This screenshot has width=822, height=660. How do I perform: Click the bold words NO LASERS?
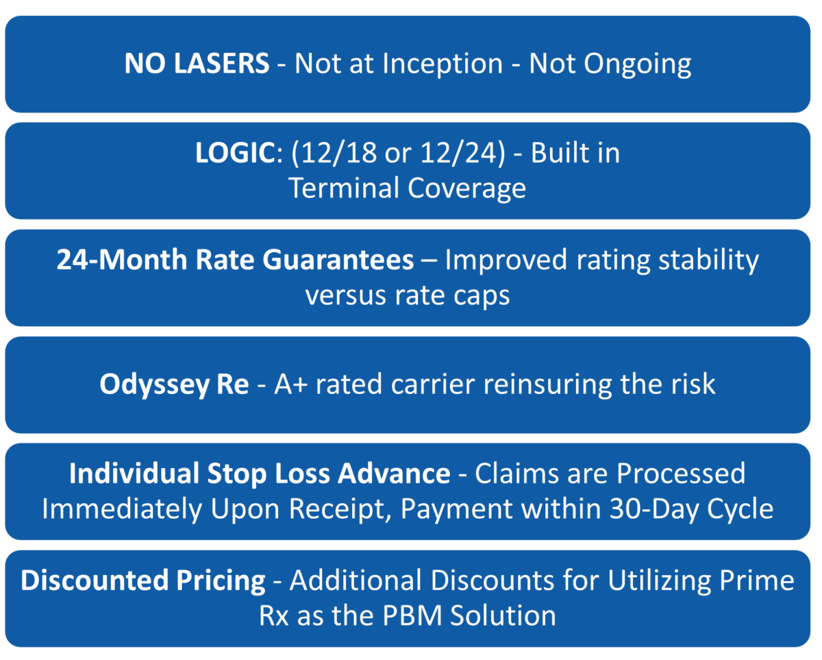tap(197, 64)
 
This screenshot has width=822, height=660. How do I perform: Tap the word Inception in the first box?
tap(443, 64)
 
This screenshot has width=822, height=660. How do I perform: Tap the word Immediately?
tap(114, 509)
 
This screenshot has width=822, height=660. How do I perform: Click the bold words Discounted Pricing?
tap(143, 582)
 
